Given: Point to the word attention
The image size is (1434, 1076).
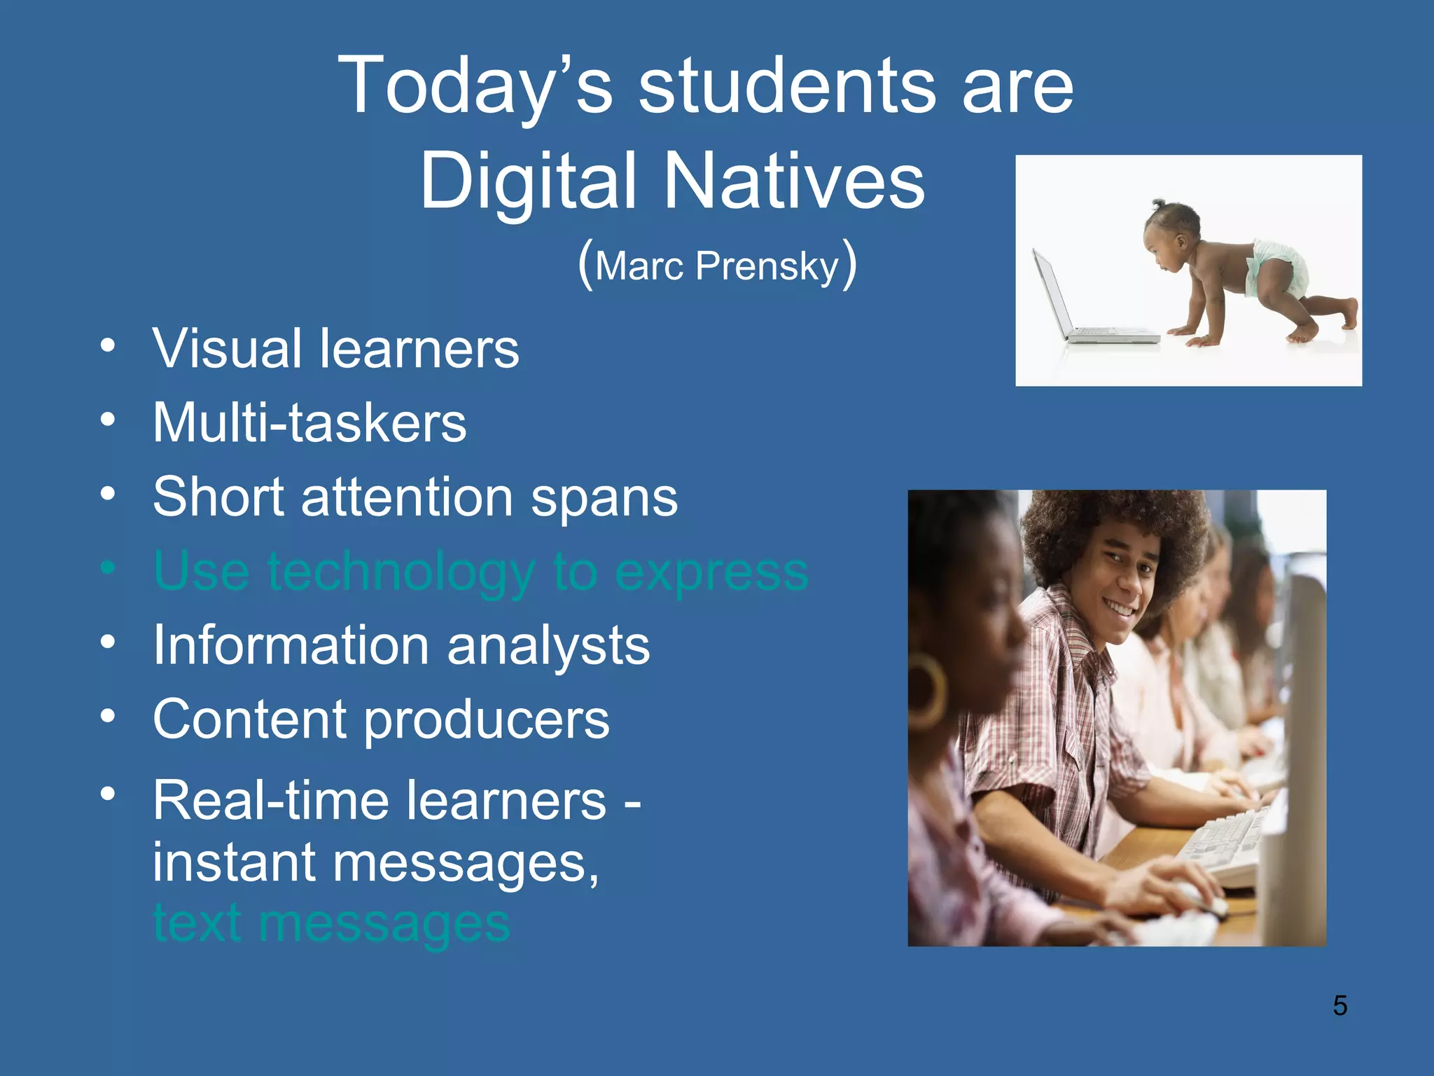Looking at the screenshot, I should tap(407, 497).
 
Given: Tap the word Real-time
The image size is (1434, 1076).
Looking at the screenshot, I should tap(270, 800).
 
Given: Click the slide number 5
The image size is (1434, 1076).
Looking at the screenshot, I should tap(1339, 1006).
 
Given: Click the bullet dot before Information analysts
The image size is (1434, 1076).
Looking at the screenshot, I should tap(107, 642).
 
